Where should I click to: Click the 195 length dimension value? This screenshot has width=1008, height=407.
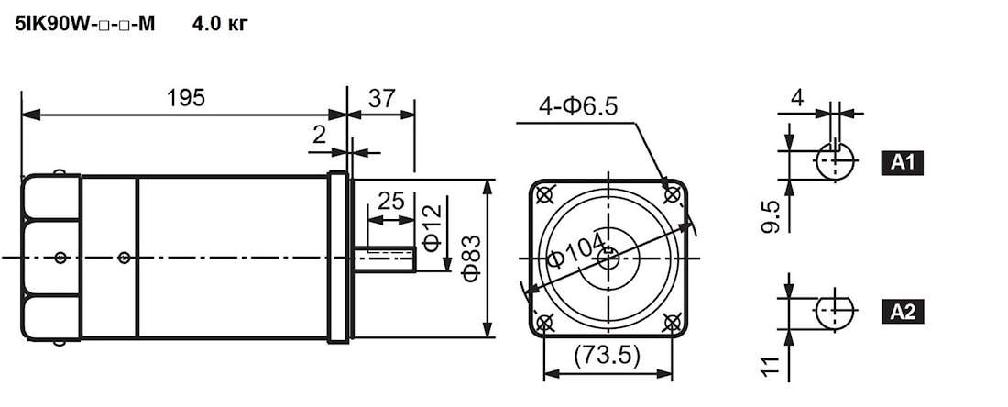(x=186, y=98)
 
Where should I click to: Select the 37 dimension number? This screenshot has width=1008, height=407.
(x=381, y=98)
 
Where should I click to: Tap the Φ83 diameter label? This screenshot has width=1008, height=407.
(x=472, y=258)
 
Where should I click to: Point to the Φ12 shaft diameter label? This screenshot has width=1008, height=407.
(x=432, y=227)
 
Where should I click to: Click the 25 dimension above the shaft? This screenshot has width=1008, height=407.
(x=391, y=202)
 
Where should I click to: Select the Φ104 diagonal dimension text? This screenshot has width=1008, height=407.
(x=576, y=249)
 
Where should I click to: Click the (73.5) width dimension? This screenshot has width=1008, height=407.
(x=608, y=356)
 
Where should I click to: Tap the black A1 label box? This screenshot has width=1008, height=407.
(x=902, y=163)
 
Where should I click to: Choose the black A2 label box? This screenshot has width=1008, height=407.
(x=902, y=312)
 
